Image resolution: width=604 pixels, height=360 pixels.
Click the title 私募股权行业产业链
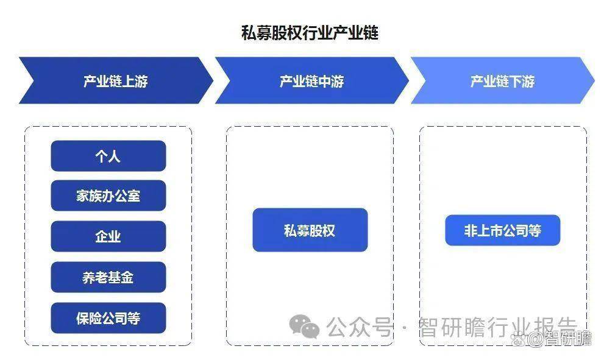(310, 33)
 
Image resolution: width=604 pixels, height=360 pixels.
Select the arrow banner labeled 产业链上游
(116, 80)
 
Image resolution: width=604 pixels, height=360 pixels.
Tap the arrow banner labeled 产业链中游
(311, 80)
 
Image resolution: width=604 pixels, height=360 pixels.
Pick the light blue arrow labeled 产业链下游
(502, 80)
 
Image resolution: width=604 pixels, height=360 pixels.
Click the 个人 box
(108, 156)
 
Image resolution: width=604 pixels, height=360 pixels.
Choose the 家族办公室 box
(108, 196)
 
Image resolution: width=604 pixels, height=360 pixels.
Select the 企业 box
(108, 236)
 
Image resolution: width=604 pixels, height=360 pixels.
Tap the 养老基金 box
(108, 277)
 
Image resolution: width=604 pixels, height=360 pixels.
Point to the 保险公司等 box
(108, 318)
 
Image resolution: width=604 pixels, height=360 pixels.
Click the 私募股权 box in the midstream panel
(310, 230)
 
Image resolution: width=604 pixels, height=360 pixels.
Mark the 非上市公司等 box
(503, 230)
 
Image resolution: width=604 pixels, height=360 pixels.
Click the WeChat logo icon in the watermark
(304, 327)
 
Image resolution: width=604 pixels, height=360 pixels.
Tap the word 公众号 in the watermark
(359, 327)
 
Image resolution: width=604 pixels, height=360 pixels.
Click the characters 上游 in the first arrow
(135, 81)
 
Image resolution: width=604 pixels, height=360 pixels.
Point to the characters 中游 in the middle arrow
(331, 81)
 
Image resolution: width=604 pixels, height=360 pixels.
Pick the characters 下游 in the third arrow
(522, 81)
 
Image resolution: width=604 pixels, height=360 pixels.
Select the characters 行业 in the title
(318, 33)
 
